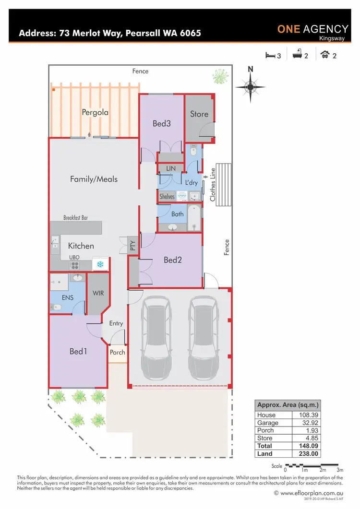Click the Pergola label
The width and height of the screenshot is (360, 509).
tap(95, 113)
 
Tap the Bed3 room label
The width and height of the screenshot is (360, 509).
tap(162, 123)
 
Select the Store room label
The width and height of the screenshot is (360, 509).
tap(199, 114)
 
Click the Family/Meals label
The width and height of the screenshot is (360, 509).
tap(94, 179)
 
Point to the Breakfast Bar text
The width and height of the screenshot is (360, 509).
tap(76, 217)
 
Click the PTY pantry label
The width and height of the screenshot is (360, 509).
tap(133, 246)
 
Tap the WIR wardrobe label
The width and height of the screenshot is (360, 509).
tap(98, 293)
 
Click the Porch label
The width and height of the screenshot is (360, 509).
tap(118, 352)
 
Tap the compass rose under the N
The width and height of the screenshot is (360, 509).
tap(250, 87)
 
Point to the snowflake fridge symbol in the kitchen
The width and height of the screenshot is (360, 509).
tap(100, 264)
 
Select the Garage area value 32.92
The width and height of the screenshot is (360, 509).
tap(306, 423)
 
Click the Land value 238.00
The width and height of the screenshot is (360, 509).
tap(306, 453)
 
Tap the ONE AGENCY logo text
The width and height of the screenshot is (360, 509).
tap(312, 29)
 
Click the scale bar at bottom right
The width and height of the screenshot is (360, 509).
tap(312, 465)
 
